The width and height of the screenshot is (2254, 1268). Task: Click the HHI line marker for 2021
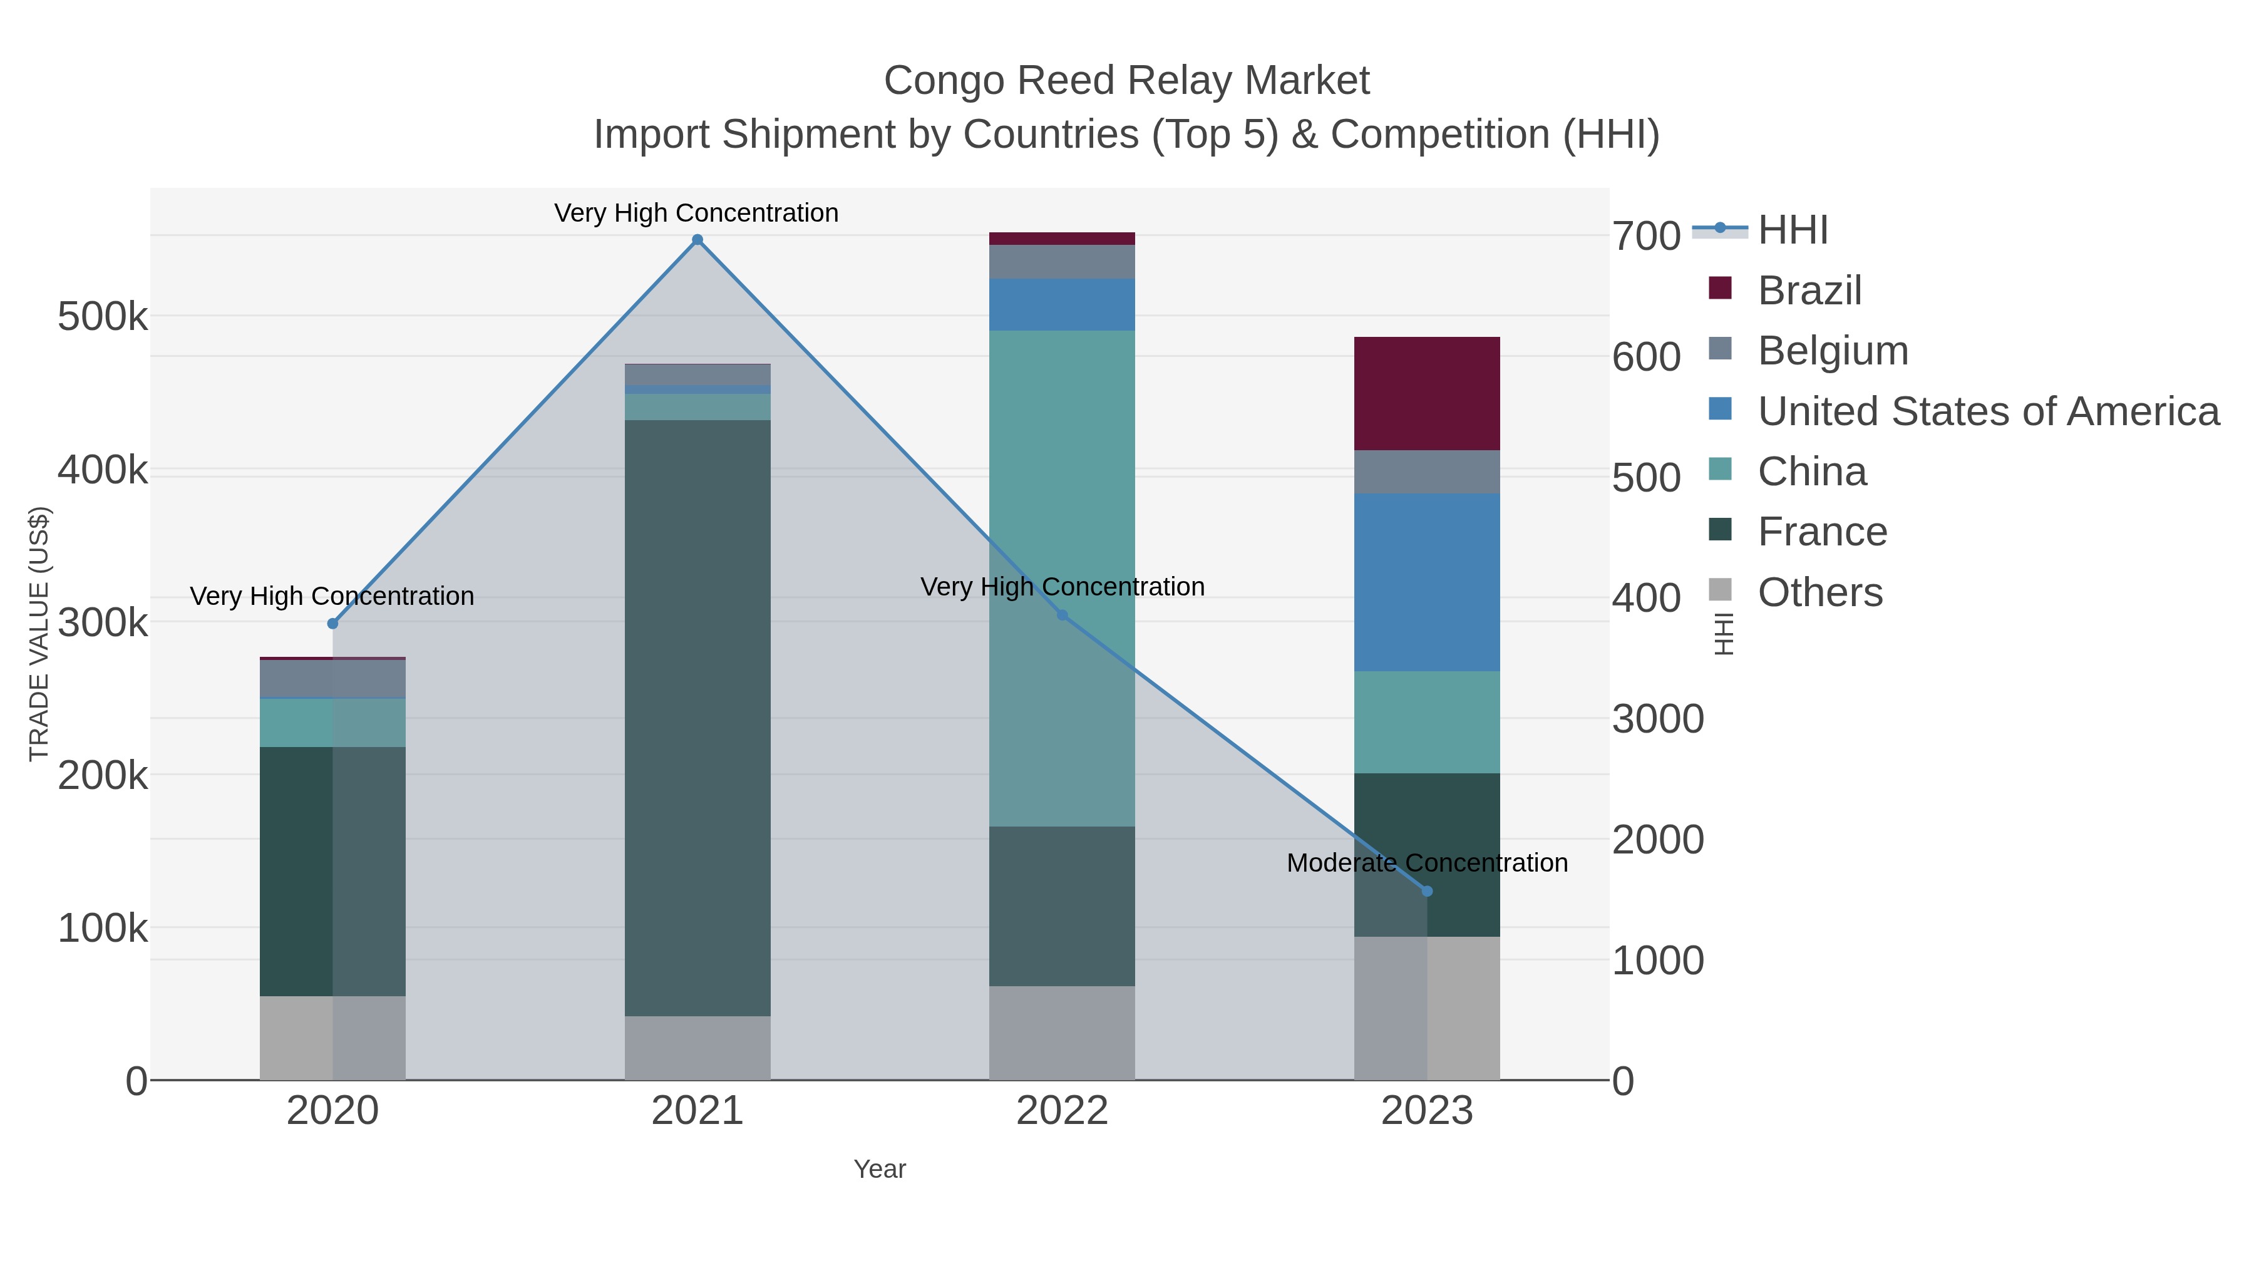[x=697, y=240]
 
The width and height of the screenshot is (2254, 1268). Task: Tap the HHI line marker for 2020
[x=332, y=623]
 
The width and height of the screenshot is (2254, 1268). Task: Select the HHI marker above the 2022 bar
[x=1063, y=615]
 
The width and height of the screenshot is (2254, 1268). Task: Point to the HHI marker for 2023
[x=1427, y=891]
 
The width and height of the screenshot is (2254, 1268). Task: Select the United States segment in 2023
[x=1427, y=582]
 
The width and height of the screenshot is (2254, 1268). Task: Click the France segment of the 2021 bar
[x=697, y=718]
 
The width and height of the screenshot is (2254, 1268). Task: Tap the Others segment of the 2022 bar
[x=1063, y=1033]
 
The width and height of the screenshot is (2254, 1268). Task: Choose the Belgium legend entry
[x=1832, y=351]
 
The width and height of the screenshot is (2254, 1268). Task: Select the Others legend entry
[x=1820, y=592]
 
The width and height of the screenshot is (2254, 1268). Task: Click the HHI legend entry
[x=1792, y=230]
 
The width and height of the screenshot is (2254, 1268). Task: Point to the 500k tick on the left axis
[x=103, y=316]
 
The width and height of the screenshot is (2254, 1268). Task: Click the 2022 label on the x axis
[x=1063, y=1111]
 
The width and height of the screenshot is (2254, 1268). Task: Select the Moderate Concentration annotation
[x=1427, y=863]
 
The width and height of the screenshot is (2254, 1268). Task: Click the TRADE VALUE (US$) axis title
[x=39, y=634]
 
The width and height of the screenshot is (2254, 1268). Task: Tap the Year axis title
[x=880, y=1169]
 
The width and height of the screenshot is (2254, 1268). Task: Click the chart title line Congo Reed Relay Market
[x=1126, y=81]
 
